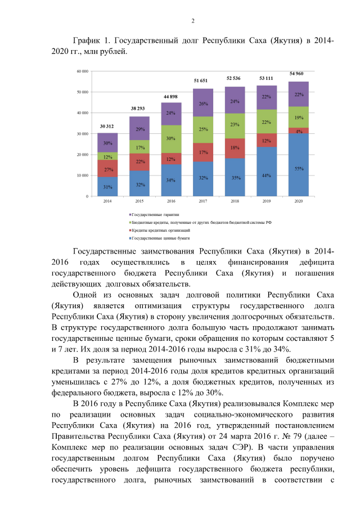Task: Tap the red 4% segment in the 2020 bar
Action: [299, 130]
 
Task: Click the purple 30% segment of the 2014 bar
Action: [107, 143]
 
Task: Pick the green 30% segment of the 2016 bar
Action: [172, 138]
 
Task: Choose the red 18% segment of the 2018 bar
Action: [235, 148]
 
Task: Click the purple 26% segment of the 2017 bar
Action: [203, 103]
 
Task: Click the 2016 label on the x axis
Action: [171, 201]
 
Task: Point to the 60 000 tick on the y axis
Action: [83, 71]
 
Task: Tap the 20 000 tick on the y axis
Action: [83, 155]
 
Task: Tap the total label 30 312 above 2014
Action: [107, 126]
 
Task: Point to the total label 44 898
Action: [170, 97]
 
